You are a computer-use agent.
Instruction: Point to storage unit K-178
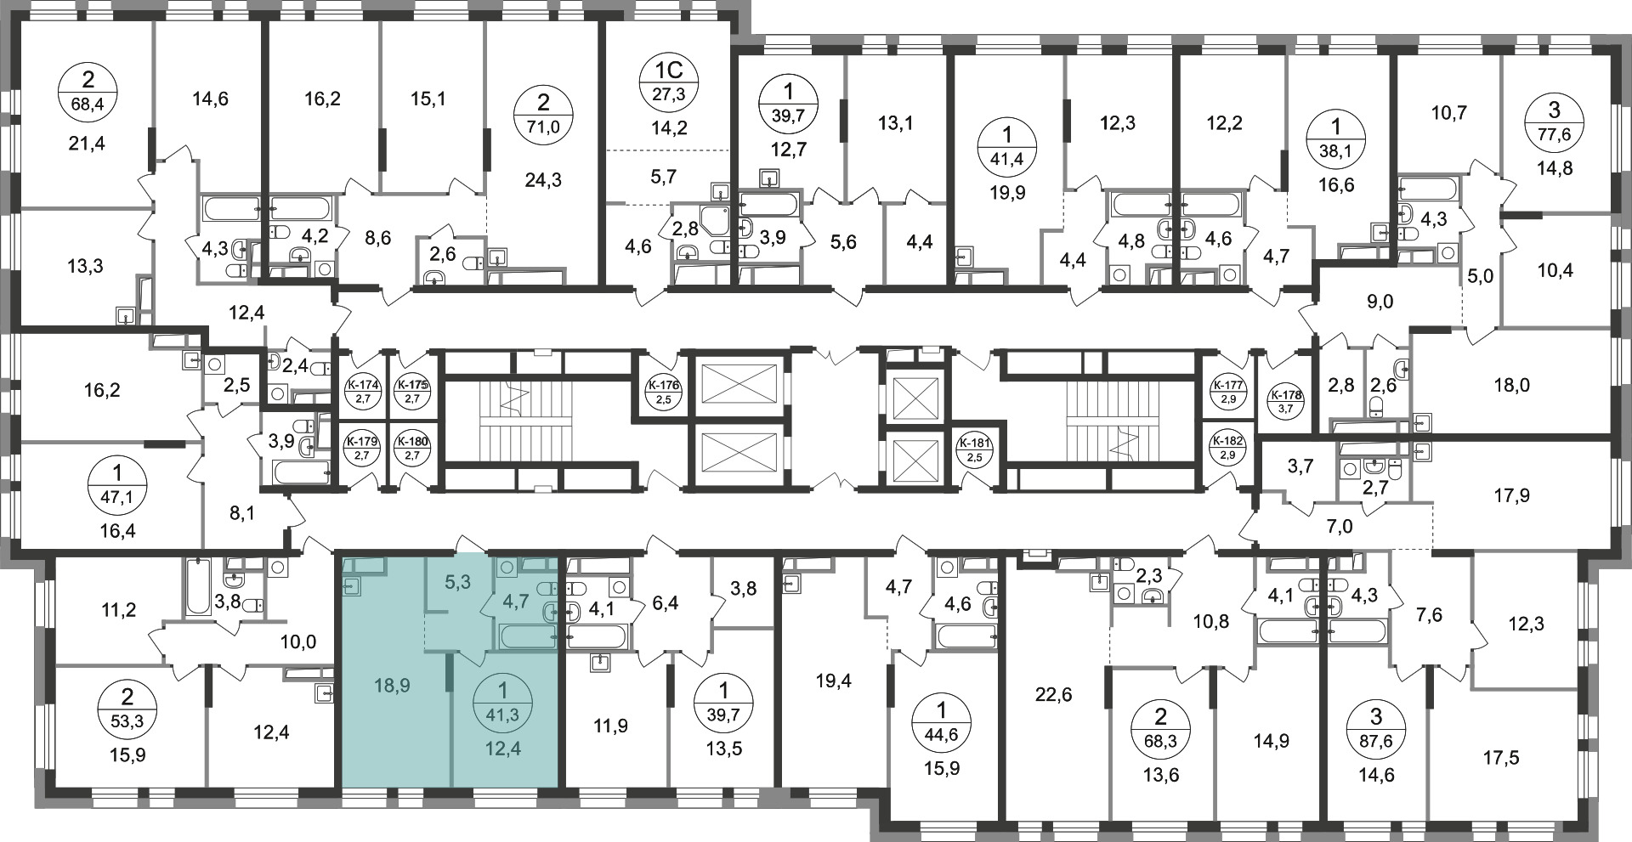(1285, 399)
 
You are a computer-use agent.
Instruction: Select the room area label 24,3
(544, 180)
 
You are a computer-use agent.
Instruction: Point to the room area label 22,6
(1054, 696)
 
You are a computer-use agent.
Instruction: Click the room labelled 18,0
(1511, 386)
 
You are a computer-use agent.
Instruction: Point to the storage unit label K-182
(1227, 448)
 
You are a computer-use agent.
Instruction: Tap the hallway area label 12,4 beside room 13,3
(246, 313)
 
